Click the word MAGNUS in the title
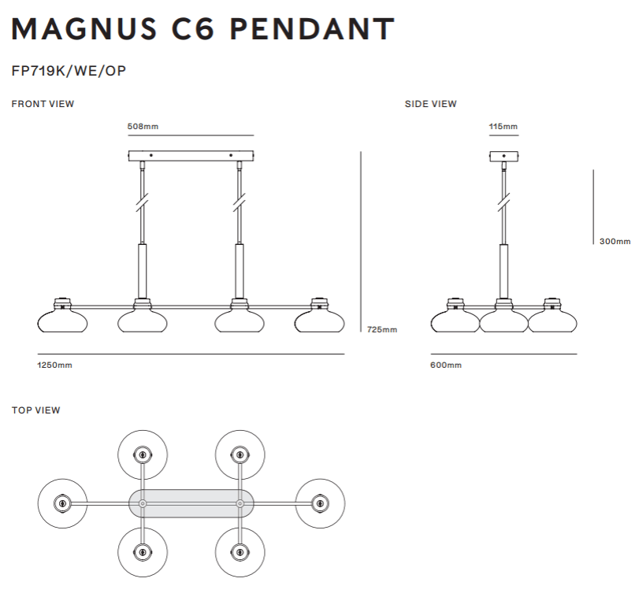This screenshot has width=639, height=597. tap(84, 29)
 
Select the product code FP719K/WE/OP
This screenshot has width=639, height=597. tap(69, 71)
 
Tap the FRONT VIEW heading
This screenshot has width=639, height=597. tap(43, 104)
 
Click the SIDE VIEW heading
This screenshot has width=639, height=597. tap(431, 104)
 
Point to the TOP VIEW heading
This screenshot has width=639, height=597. tap(36, 410)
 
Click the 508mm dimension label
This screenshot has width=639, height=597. tap(143, 126)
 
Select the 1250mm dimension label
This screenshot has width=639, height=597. tap(54, 365)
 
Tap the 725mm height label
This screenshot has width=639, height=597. tap(382, 329)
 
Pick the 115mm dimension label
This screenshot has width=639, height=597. tap(503, 126)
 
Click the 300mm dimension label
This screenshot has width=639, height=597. tap(615, 241)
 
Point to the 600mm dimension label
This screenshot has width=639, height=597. tap(446, 365)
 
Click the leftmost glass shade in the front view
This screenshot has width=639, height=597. tap(62, 321)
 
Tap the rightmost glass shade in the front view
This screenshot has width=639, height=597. tap(320, 321)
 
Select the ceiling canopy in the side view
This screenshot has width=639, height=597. tap(503, 156)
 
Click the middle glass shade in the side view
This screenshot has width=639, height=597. tap(503, 321)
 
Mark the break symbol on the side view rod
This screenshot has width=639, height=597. tap(504, 202)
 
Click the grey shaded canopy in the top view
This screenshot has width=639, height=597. tap(191, 504)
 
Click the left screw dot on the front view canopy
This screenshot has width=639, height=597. tap(151, 155)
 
